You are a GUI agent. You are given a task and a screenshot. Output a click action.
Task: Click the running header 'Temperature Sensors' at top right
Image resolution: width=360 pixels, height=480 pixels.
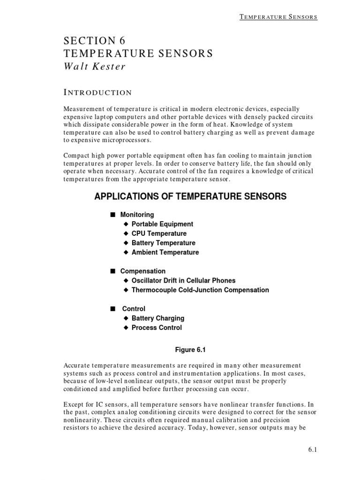tap(278, 17)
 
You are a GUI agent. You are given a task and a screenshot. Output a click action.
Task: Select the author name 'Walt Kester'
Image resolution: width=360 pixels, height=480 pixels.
tap(95, 66)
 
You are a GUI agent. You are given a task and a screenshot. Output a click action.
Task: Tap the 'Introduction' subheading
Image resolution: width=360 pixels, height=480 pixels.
tap(97, 92)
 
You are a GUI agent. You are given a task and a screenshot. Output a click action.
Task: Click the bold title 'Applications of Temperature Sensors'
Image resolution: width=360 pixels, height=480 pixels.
tap(190, 196)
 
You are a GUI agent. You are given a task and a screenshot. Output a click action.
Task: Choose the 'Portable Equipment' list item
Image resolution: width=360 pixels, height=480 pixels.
tap(162, 224)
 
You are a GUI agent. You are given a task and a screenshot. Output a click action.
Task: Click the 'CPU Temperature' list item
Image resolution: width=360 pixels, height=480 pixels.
tap(159, 233)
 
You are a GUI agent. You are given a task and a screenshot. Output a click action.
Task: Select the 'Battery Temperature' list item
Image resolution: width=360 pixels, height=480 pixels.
tap(163, 243)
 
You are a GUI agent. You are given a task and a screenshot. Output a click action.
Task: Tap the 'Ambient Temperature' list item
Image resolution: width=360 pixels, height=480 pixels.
tap(165, 252)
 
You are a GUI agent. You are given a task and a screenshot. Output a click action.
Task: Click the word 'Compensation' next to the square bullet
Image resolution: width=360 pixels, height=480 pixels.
tap(142, 271)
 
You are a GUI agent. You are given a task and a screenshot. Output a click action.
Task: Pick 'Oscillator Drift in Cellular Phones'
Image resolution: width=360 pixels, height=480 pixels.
tap(183, 280)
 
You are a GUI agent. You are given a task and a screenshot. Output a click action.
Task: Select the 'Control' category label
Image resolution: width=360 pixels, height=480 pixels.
tap(134, 308)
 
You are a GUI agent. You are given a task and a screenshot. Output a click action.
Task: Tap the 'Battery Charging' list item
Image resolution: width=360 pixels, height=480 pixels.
tap(158, 318)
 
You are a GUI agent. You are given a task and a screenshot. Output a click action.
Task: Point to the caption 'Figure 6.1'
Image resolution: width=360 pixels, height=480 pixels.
tap(190, 349)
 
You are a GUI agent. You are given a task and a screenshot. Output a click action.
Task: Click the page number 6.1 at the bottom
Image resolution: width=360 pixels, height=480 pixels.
tap(313, 450)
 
